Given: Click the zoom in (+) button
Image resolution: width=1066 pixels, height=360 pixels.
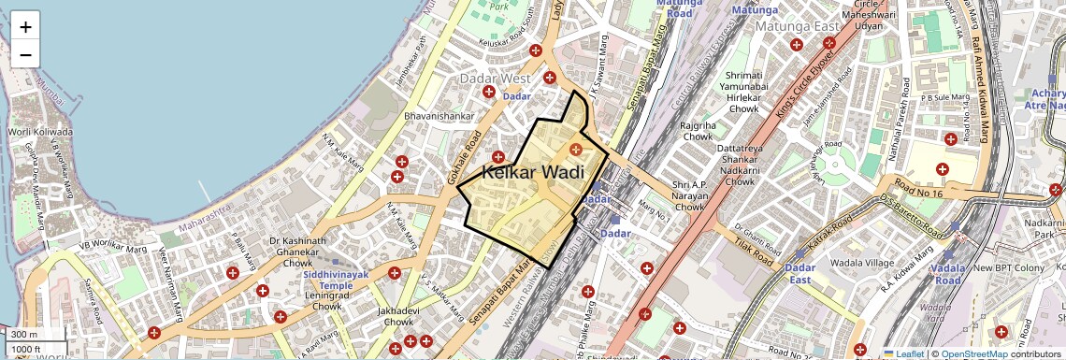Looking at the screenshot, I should tap(25, 27).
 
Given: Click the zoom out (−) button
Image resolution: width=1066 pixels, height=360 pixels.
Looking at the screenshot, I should tap(25, 54).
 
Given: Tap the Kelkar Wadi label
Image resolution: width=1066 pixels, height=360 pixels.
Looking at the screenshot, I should tap(533, 172).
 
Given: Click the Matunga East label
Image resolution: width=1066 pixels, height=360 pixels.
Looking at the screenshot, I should tap(800, 26).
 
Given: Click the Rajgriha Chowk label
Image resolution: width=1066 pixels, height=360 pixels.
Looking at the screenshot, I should tap(698, 130).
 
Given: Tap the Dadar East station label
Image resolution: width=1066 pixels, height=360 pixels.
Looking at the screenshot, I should tap(800, 274).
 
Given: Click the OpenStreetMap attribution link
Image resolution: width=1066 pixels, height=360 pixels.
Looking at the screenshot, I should tap(974, 353).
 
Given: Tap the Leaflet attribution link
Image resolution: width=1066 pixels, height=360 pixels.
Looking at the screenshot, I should tap(902, 353).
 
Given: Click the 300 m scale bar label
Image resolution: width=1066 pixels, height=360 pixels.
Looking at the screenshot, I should tap(24, 334).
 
